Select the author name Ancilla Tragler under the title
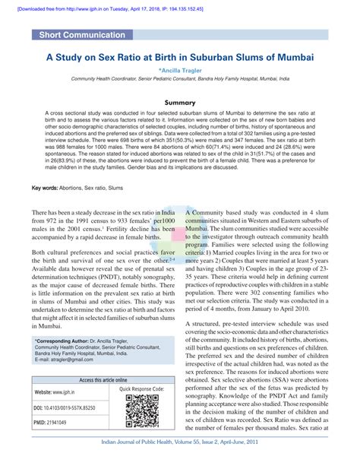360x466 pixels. pos(181,69)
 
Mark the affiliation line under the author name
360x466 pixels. pos(181,78)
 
